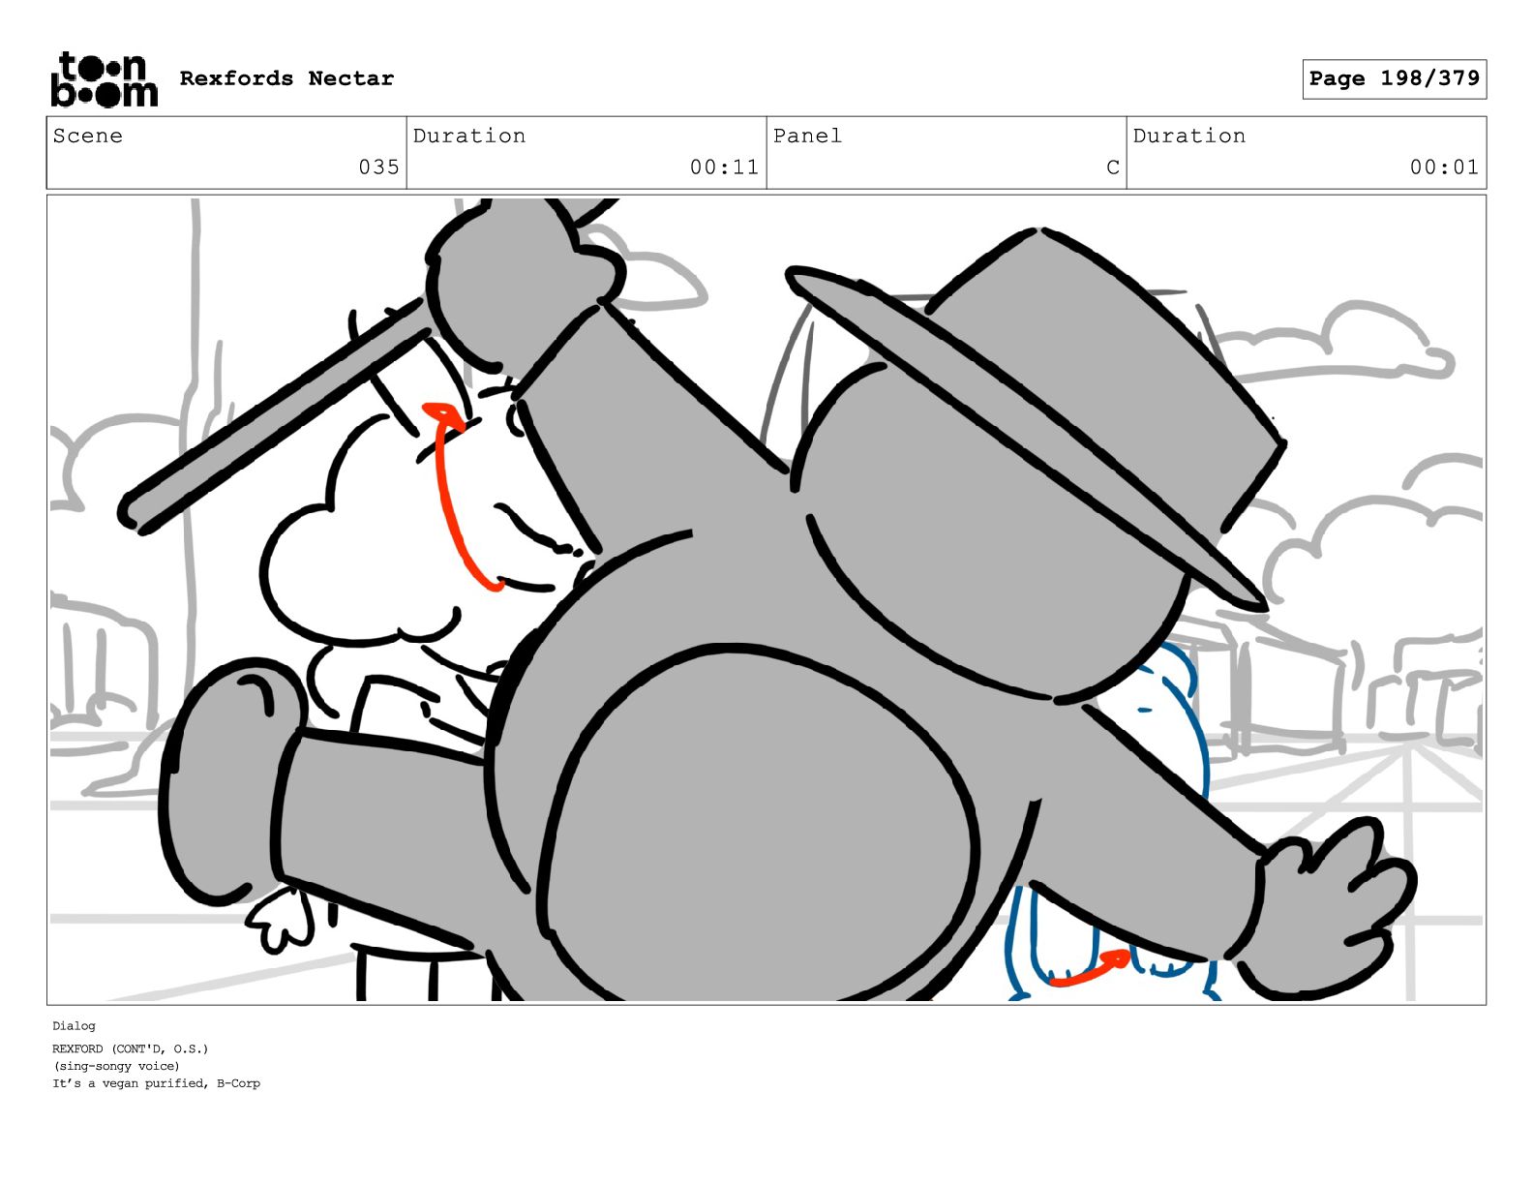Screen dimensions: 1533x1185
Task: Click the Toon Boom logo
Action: point(105,79)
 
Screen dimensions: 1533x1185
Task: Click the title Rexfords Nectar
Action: point(286,78)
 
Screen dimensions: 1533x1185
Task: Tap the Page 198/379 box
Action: point(1394,79)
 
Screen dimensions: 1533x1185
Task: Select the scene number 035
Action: point(378,167)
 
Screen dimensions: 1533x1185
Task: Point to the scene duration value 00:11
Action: point(724,167)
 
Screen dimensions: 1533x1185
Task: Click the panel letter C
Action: point(1113,167)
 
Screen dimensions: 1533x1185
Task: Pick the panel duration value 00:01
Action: point(1443,167)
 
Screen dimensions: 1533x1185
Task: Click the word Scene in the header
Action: point(87,136)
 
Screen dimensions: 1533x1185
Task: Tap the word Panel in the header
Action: point(807,136)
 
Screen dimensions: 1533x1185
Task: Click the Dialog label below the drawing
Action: point(74,1025)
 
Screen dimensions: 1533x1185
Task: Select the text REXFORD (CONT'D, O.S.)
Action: point(130,1048)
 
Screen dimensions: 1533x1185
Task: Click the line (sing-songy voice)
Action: point(116,1066)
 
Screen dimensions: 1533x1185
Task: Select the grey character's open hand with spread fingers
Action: point(1326,910)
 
